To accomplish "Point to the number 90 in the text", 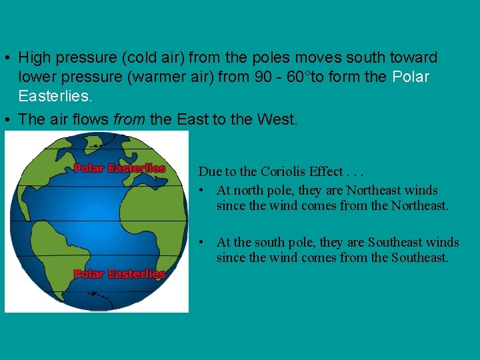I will click(x=263, y=77).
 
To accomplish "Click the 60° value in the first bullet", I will click(x=297, y=77).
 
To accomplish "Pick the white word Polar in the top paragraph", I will click(x=411, y=77).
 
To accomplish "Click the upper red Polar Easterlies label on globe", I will click(x=119, y=168).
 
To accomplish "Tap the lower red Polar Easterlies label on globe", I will click(x=119, y=274).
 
